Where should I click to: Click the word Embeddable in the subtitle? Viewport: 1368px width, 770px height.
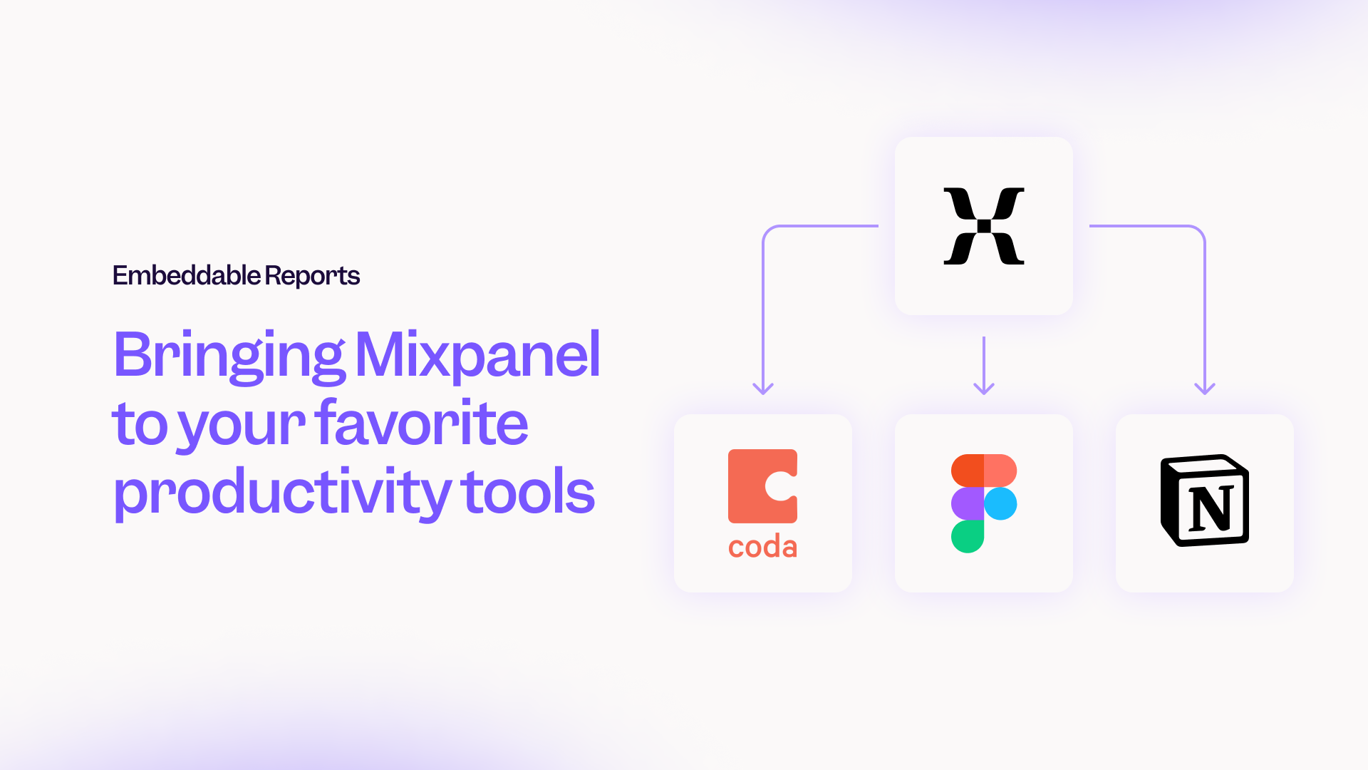coord(187,275)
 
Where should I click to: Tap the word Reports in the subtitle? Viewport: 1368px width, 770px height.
coord(312,276)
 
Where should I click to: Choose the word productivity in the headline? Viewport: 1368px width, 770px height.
coord(282,493)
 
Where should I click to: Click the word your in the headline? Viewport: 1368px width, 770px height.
coord(242,426)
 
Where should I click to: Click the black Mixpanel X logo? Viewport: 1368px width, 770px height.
coord(984,226)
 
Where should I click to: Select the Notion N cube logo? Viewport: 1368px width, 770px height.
coord(1205,500)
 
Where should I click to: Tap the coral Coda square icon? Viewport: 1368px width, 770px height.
coord(762,486)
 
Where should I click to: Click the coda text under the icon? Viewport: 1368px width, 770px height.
coord(762,547)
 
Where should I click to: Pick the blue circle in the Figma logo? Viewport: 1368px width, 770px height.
coord(1000,503)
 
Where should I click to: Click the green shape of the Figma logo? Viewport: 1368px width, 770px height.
coord(968,536)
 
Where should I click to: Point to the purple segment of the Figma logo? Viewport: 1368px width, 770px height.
coord(968,503)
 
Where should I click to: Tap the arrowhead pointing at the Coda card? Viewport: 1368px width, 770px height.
coord(763,389)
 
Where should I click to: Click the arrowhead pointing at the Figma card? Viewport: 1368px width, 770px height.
coord(984,389)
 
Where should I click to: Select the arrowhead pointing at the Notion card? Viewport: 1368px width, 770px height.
coord(1205,389)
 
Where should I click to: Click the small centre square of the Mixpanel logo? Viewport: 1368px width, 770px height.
coord(984,226)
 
